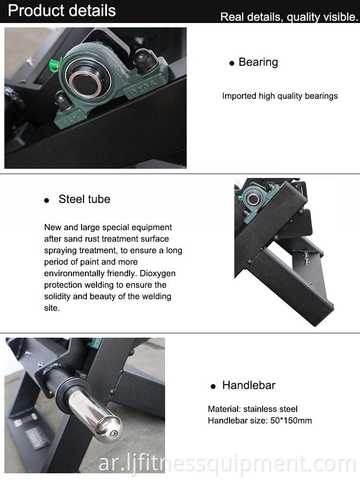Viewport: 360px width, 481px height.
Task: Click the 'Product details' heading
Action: click(62, 11)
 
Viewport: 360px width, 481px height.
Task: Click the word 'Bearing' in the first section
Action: click(258, 62)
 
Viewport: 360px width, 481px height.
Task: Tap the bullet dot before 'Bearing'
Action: click(232, 63)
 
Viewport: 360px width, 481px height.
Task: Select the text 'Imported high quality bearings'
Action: click(280, 96)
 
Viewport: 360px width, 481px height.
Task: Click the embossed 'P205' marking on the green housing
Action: click(142, 87)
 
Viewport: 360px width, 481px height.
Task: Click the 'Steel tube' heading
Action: click(84, 199)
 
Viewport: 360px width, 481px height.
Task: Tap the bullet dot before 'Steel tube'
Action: click(47, 200)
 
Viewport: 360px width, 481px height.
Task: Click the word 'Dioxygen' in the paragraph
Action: click(158, 273)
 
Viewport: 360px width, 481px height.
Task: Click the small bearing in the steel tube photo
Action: click(254, 199)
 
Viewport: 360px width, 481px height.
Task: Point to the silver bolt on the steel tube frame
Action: click(307, 258)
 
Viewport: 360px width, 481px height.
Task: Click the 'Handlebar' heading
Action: click(249, 385)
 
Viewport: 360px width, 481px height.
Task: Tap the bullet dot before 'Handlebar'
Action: click(213, 387)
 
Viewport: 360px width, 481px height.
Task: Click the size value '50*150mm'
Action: click(291, 421)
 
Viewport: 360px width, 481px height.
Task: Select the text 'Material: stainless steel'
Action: click(253, 409)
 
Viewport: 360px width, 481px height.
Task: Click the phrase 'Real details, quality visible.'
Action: click(289, 17)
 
